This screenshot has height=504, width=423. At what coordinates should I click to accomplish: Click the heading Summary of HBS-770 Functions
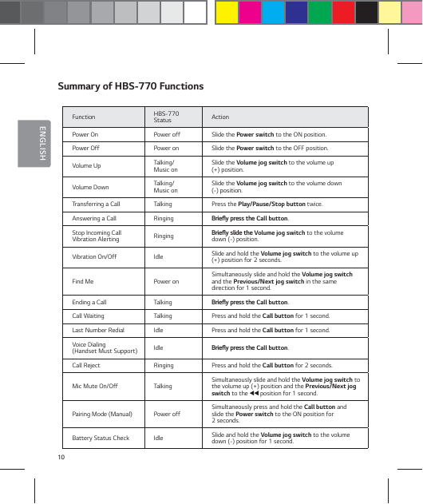click(x=131, y=86)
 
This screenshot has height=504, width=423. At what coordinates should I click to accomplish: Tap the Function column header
click(x=84, y=117)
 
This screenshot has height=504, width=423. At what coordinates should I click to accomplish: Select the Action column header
click(x=219, y=117)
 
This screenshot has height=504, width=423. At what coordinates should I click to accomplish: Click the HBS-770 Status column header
click(x=166, y=117)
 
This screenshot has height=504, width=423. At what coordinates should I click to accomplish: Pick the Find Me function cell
click(x=83, y=281)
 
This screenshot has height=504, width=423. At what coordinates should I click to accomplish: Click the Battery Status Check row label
click(x=101, y=439)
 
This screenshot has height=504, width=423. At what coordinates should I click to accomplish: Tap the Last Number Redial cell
click(x=98, y=330)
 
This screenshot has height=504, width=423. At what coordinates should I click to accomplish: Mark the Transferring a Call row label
click(x=97, y=204)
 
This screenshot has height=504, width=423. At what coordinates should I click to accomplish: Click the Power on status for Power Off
click(x=166, y=148)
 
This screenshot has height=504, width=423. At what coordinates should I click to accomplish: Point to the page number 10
click(x=61, y=457)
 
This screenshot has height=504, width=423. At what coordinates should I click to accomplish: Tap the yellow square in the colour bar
click(x=227, y=13)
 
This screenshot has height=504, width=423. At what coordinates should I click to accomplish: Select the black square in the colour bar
click(x=366, y=13)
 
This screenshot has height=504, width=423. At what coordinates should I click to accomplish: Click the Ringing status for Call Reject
click(x=164, y=365)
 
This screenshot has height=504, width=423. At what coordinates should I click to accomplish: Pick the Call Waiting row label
click(x=88, y=316)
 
